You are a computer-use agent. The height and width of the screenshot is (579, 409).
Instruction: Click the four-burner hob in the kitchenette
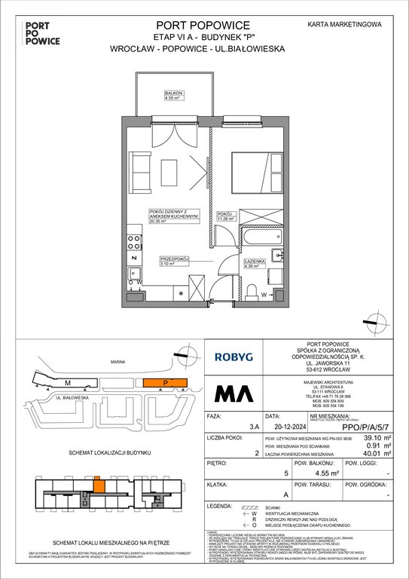click(x=134, y=243)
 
